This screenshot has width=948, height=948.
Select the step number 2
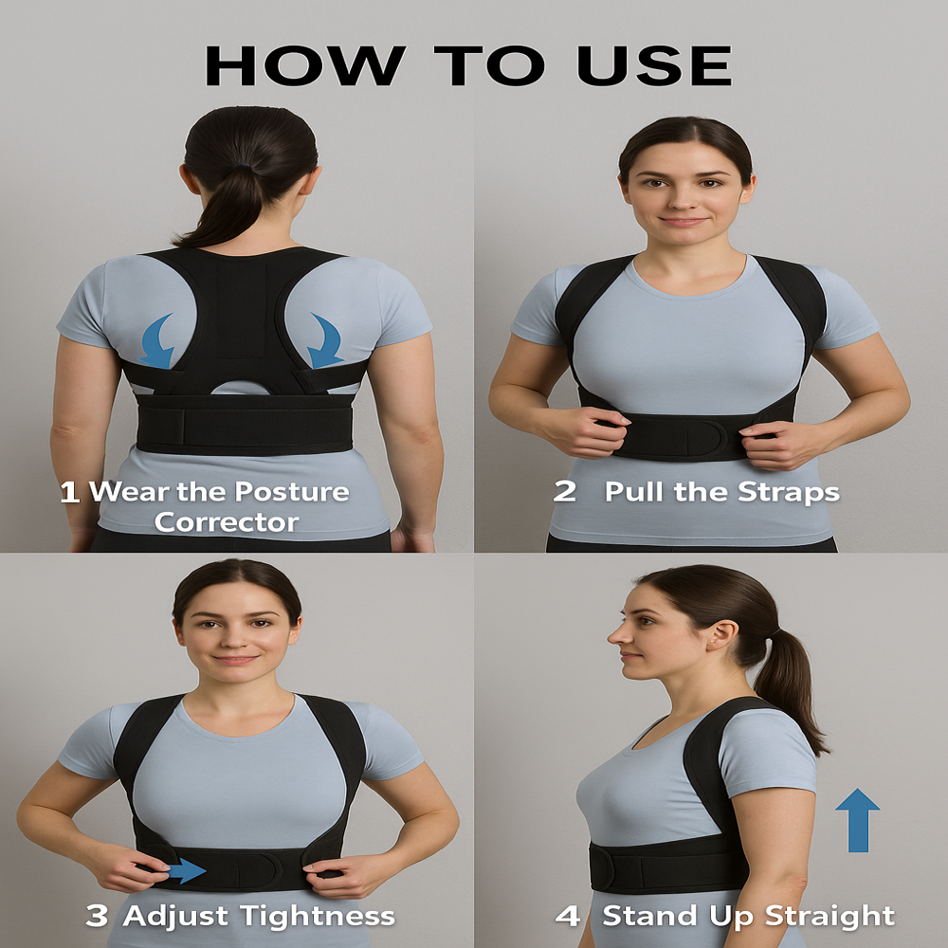(x=565, y=492)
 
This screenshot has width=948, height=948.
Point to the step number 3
(x=97, y=916)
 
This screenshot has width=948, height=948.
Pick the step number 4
(x=568, y=916)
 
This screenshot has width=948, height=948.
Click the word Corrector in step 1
(x=227, y=522)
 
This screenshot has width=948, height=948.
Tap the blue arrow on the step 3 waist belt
(x=186, y=869)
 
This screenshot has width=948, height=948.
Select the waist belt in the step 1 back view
(x=244, y=424)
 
